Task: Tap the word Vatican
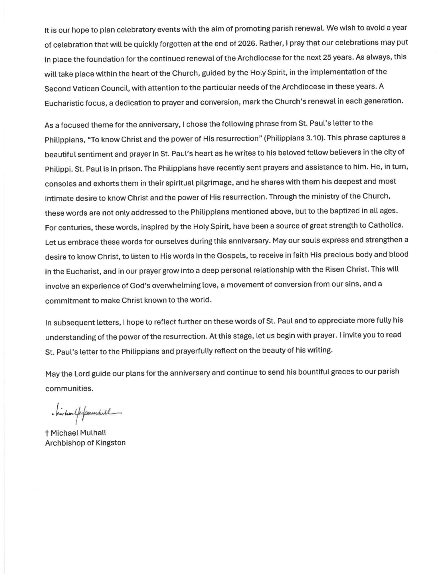[84, 88]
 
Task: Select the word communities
[69, 388]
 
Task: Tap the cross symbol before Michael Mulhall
[46, 433]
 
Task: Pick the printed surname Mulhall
[93, 433]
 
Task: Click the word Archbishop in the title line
[66, 443]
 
